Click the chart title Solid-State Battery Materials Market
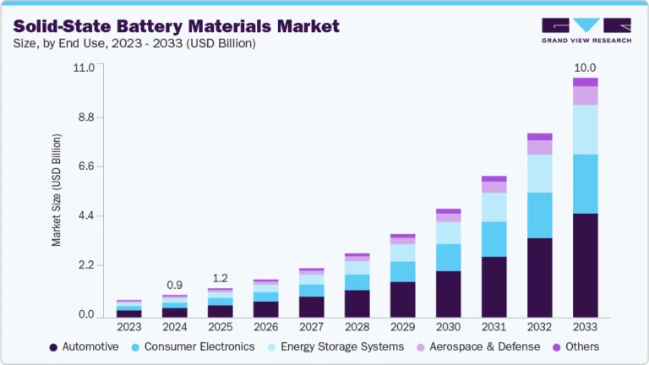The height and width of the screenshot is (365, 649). [x=177, y=26]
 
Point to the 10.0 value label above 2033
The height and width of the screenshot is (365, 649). [x=585, y=68]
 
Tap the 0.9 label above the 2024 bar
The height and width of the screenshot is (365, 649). [x=174, y=285]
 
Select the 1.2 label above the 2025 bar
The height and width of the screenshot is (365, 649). [x=220, y=278]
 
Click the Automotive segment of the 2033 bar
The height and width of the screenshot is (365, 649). [x=585, y=265]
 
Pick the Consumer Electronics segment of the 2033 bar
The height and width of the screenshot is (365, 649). [x=585, y=184]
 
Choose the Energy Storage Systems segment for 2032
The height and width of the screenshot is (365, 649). [x=539, y=173]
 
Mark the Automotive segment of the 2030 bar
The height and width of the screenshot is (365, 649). [x=448, y=294]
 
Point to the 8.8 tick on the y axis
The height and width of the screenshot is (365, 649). [x=84, y=117]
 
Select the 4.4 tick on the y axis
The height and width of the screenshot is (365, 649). [x=84, y=216]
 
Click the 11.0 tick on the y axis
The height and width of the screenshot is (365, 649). [x=82, y=68]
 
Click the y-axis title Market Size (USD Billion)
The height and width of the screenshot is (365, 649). [x=57, y=189]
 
